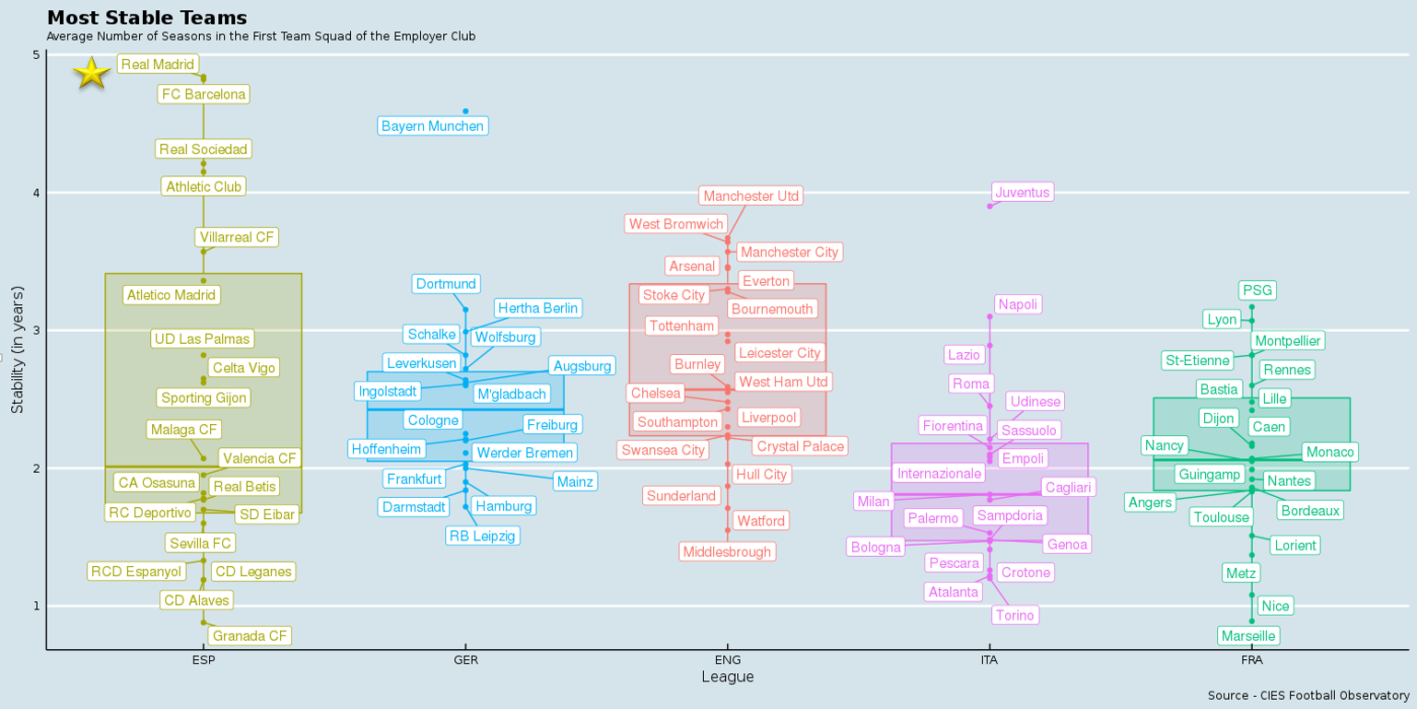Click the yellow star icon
[92, 73]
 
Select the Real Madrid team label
[158, 65]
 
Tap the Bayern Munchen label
[432, 126]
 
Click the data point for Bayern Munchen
[465, 112]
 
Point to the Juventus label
[1023, 192]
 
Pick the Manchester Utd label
[750, 196]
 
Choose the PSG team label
[1257, 290]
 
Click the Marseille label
[1247, 636]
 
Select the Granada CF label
[250, 636]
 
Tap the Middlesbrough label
[727, 552]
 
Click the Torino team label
[1015, 615]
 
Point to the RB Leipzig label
[483, 536]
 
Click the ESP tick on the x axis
[204, 660]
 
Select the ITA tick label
[989, 660]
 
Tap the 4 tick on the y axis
[36, 193]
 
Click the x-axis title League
[727, 678]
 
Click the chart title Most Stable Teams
[146, 18]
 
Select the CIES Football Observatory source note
[1307, 695]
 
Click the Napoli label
[1018, 304]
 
